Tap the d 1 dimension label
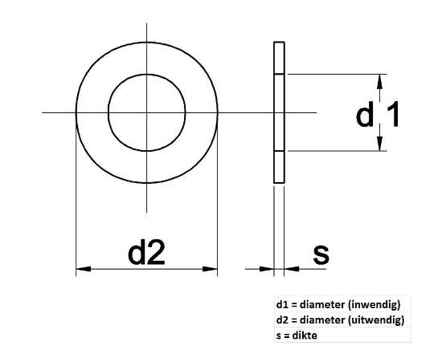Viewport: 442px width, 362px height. (379, 116)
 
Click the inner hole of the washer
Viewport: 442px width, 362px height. (146, 112)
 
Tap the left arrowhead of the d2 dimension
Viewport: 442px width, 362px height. (81, 270)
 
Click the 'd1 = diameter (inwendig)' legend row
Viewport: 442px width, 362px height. (338, 305)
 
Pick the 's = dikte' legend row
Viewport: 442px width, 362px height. (297, 335)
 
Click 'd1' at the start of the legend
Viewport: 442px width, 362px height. (280, 305)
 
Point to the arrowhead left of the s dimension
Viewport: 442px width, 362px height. (268, 270)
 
